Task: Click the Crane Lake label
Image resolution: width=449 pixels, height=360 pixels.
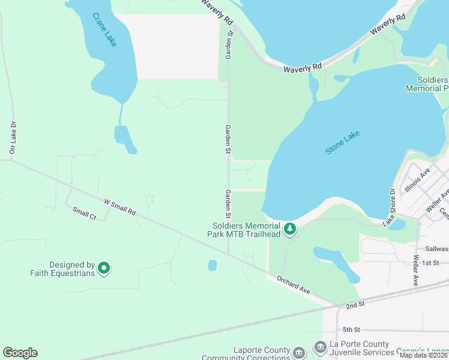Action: [104, 28]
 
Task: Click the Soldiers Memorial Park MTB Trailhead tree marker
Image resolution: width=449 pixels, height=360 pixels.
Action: [290, 229]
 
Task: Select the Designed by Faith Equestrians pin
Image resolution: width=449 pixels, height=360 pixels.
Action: [104, 268]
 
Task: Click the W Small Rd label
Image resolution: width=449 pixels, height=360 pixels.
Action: [119, 208]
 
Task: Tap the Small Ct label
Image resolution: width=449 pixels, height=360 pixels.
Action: [84, 213]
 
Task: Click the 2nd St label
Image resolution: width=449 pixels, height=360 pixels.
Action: [355, 305]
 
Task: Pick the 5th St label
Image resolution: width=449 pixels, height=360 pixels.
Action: [351, 329]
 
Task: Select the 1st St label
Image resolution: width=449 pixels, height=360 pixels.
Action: [430, 263]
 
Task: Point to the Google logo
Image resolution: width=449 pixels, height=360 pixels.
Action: [20, 353]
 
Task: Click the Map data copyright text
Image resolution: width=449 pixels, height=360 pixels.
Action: [424, 355]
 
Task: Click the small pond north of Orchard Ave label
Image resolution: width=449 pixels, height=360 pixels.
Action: [212, 265]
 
